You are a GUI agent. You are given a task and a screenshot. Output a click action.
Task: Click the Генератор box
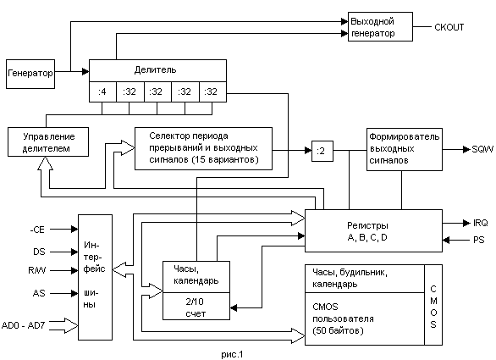[30, 74]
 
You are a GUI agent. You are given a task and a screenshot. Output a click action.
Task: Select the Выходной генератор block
[380, 26]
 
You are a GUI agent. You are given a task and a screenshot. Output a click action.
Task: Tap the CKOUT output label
[449, 27]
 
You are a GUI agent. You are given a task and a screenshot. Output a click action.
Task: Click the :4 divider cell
[102, 91]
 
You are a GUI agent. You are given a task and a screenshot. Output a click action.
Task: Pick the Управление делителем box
[48, 141]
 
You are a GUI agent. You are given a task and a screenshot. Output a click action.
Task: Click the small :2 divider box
[322, 151]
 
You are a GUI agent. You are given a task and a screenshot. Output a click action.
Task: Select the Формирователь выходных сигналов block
[405, 149]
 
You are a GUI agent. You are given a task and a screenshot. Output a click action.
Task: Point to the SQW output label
[482, 149]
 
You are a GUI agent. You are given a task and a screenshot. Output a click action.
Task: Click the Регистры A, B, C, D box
[373, 230]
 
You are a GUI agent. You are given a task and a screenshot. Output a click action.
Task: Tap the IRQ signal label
[481, 223]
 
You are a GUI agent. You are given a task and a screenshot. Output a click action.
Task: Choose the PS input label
[479, 240]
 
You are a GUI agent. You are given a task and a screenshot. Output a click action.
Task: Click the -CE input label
[37, 230]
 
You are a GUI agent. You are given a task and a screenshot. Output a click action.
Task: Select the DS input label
[39, 252]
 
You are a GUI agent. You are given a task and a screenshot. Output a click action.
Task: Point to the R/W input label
[37, 270]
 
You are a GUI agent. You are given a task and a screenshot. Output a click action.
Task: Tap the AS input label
[39, 293]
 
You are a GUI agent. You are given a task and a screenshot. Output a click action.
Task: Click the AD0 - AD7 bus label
[24, 325]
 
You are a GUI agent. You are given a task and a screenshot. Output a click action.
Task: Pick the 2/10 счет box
[196, 306]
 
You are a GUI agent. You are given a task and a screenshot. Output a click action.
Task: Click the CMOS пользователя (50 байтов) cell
[365, 318]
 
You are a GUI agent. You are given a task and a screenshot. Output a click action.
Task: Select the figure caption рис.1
[232, 354]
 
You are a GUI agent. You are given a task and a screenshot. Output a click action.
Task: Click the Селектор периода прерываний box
[203, 149]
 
